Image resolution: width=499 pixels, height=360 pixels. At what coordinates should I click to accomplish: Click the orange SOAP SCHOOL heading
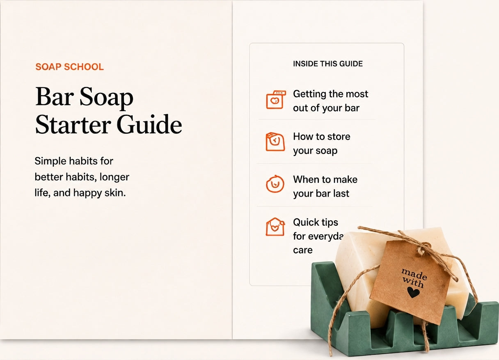click(69, 67)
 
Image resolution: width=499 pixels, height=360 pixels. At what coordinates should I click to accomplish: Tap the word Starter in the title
click(73, 124)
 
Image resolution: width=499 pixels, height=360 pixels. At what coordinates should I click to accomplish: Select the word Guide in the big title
click(149, 124)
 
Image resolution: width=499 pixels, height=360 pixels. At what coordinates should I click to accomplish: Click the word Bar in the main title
click(55, 97)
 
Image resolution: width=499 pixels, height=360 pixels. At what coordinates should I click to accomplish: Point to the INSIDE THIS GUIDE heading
click(328, 64)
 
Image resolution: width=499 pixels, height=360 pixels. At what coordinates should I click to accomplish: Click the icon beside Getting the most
click(276, 100)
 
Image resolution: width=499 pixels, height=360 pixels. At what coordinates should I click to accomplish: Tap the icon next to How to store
click(275, 142)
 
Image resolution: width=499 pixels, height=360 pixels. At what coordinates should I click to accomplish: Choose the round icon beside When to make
click(275, 184)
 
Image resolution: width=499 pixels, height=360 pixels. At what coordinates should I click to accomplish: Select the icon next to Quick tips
click(275, 227)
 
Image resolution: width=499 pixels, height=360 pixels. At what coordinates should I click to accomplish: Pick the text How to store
click(322, 137)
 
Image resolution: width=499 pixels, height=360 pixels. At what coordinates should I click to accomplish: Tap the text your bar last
click(321, 194)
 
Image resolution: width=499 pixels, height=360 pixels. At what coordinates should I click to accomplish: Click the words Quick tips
click(316, 222)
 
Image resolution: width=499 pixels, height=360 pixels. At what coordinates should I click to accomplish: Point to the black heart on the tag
click(413, 292)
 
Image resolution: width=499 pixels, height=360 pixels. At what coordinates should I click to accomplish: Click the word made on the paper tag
click(414, 274)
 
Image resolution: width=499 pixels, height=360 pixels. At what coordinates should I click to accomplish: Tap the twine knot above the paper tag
click(422, 249)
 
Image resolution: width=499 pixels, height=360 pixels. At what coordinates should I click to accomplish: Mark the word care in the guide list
click(303, 250)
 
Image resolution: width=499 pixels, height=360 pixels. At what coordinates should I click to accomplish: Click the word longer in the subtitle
click(114, 177)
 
